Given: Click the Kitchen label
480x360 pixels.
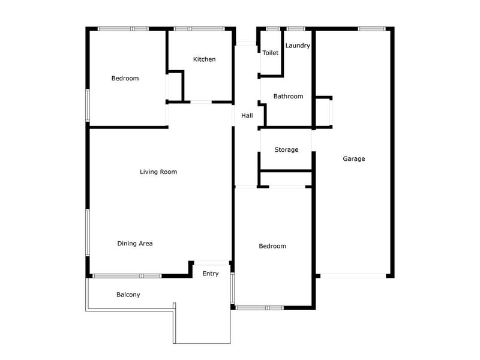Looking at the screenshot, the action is [204, 59].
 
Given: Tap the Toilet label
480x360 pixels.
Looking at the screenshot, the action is [271, 53].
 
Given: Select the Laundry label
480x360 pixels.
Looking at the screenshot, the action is [298, 46].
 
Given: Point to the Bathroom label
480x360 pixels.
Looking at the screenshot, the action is [288, 96].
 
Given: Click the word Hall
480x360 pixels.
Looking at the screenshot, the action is [247, 115].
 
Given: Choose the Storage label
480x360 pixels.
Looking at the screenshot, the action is [286, 149].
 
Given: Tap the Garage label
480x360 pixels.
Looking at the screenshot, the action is [353, 158].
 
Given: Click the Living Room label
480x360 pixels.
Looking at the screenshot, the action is [158, 172].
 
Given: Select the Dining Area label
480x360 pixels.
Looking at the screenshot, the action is [134, 244].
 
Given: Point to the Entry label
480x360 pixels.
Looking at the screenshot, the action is [211, 274].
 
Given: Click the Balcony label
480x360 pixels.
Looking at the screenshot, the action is [128, 295].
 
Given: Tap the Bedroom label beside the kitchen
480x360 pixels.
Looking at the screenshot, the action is [125, 78].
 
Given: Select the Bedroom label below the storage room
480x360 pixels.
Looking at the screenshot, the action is [272, 246].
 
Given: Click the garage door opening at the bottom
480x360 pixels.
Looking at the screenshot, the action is [353, 276].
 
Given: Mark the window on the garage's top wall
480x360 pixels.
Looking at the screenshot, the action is [371, 29].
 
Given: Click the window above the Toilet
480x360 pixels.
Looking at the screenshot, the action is [273, 29].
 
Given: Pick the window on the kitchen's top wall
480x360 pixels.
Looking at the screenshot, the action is [199, 29].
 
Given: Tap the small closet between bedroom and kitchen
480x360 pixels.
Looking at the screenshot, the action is [175, 87].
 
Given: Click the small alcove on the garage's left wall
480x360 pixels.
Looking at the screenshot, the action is [323, 112].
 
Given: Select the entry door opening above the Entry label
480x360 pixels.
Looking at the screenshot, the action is [212, 263].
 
